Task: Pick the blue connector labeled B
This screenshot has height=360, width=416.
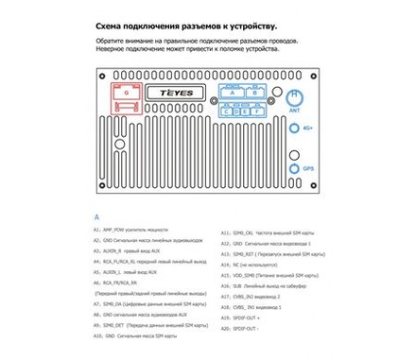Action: coord(258,93)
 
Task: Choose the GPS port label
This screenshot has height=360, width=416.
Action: coord(306,169)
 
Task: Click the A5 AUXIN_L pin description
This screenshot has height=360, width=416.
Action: coord(133,271)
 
